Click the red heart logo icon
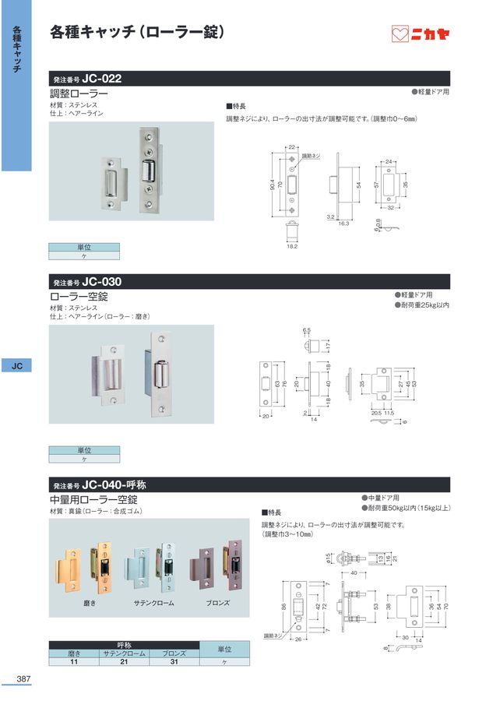tap(400, 34)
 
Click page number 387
tap(22, 679)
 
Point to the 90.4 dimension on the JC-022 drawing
tap(273, 185)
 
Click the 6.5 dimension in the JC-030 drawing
tap(307, 330)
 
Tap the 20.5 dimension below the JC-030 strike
tap(376, 412)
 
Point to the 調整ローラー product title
tap(79, 93)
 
